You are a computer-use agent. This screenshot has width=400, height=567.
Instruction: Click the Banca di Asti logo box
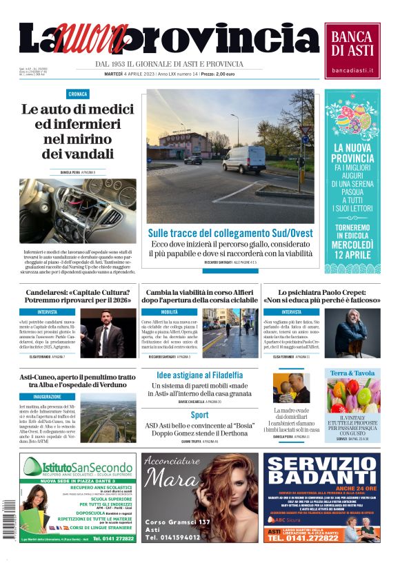352,50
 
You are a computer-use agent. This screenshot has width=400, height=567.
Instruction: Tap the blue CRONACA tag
78,94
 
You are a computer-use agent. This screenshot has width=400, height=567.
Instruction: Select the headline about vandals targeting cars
68,131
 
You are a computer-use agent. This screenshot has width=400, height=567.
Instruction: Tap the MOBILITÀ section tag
170,312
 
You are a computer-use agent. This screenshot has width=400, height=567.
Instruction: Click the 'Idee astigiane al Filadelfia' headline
199,374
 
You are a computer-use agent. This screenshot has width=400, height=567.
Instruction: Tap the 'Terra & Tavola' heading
352,373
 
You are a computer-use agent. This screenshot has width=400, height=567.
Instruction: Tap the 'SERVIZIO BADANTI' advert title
321,473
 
